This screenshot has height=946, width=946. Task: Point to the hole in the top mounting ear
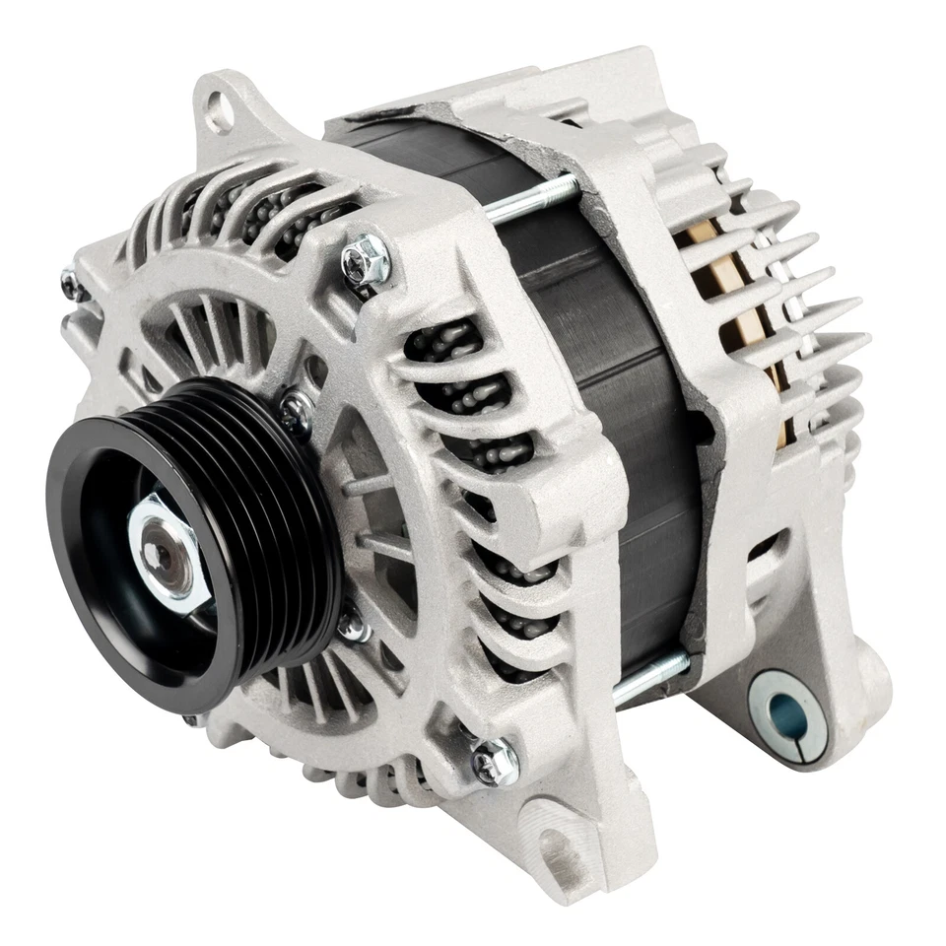(219, 113)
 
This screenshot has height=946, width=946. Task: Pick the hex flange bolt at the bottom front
(495, 760)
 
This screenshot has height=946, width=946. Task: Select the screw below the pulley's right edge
(352, 626)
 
